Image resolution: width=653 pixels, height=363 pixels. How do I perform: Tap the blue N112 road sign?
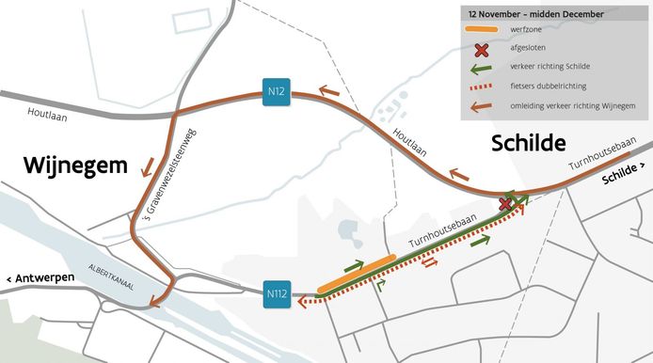(x=277, y=294)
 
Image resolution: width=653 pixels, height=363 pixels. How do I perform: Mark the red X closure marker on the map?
(x=506, y=203)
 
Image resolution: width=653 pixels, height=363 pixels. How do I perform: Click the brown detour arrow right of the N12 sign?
(x=329, y=90)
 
